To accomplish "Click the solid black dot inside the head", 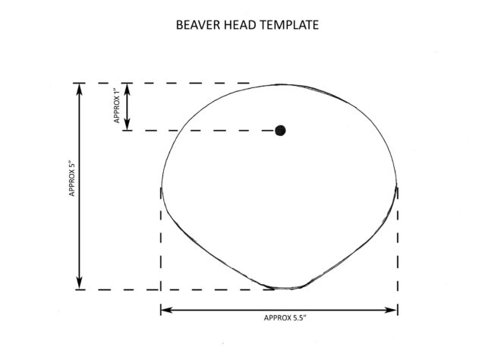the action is click(280, 131).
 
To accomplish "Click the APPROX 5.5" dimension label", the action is click(285, 318).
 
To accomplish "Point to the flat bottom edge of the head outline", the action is click(286, 288).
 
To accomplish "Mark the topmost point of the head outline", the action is click(280, 84).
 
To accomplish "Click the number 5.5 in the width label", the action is click(297, 318).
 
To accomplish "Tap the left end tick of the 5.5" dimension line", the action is click(161, 310).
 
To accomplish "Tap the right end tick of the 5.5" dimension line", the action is click(398, 310).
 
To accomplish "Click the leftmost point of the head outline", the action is click(161, 187).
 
